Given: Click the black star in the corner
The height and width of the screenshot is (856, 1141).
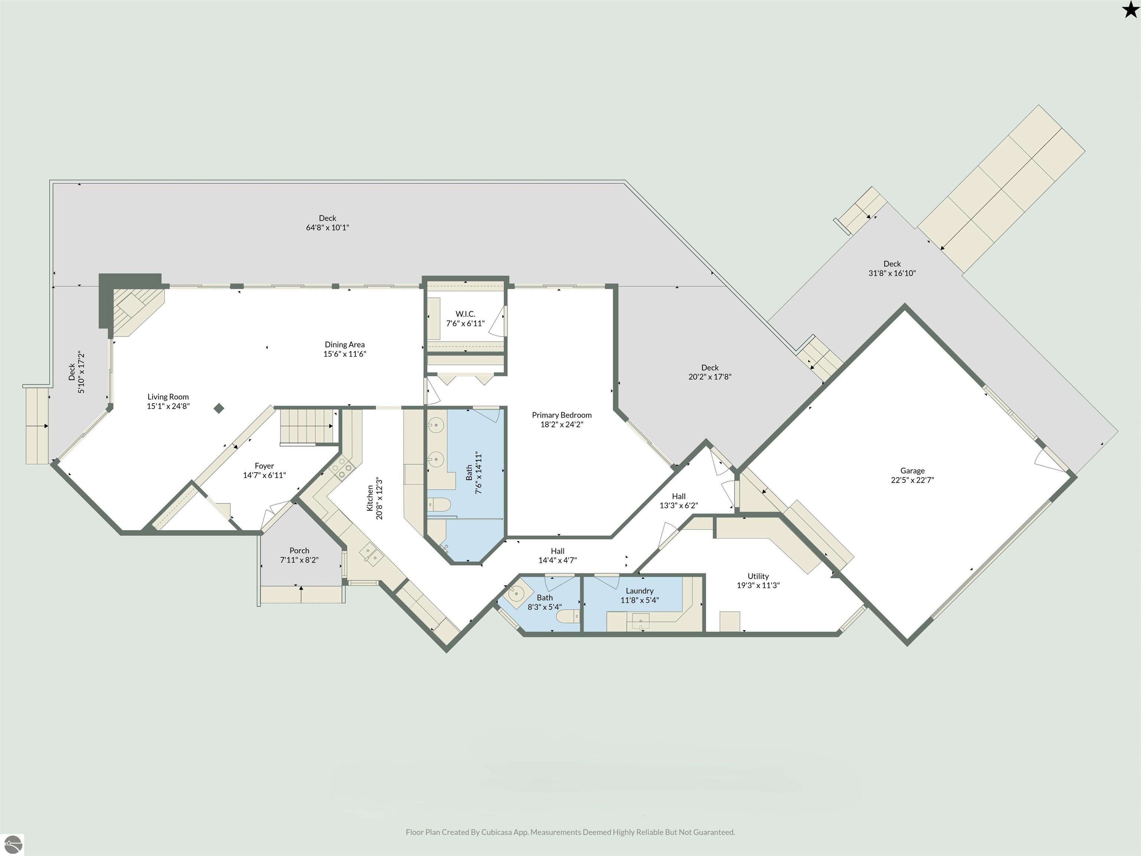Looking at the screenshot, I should pyautogui.click(x=1129, y=10).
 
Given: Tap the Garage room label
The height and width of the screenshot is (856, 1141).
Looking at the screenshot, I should pyautogui.click(x=912, y=471).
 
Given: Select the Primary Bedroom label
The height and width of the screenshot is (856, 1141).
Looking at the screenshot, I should pyautogui.click(x=562, y=415).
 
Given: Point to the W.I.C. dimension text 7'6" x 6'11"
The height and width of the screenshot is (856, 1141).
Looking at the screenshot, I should pyautogui.click(x=465, y=324).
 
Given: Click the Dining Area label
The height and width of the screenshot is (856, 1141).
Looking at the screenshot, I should pyautogui.click(x=345, y=345).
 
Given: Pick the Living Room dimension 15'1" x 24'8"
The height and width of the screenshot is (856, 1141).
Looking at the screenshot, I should pyautogui.click(x=168, y=406).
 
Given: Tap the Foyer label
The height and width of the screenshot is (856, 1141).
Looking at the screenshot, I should pyautogui.click(x=264, y=466).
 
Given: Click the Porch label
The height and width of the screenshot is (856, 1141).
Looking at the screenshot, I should pyautogui.click(x=299, y=551).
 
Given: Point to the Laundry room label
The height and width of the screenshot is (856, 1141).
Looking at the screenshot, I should pyautogui.click(x=640, y=591).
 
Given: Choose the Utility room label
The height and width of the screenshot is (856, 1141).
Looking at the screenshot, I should pyautogui.click(x=758, y=576).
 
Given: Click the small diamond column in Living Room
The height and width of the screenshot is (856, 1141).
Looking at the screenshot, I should pyautogui.click(x=219, y=408).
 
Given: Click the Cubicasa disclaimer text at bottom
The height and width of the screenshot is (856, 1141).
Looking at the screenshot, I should pyautogui.click(x=570, y=832).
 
